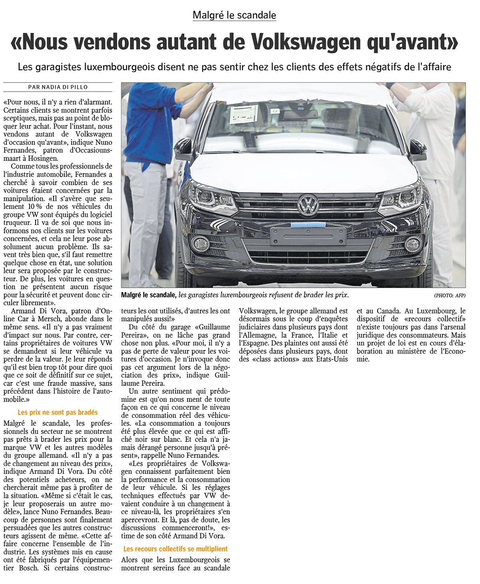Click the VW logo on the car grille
(308, 205)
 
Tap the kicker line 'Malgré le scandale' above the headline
(234, 15)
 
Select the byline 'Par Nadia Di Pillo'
(58, 87)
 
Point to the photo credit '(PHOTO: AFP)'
(450, 295)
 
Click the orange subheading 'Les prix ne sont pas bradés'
(58, 412)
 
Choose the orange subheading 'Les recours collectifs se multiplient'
(175, 549)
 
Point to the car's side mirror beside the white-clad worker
(418, 149)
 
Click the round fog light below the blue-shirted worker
(200, 243)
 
